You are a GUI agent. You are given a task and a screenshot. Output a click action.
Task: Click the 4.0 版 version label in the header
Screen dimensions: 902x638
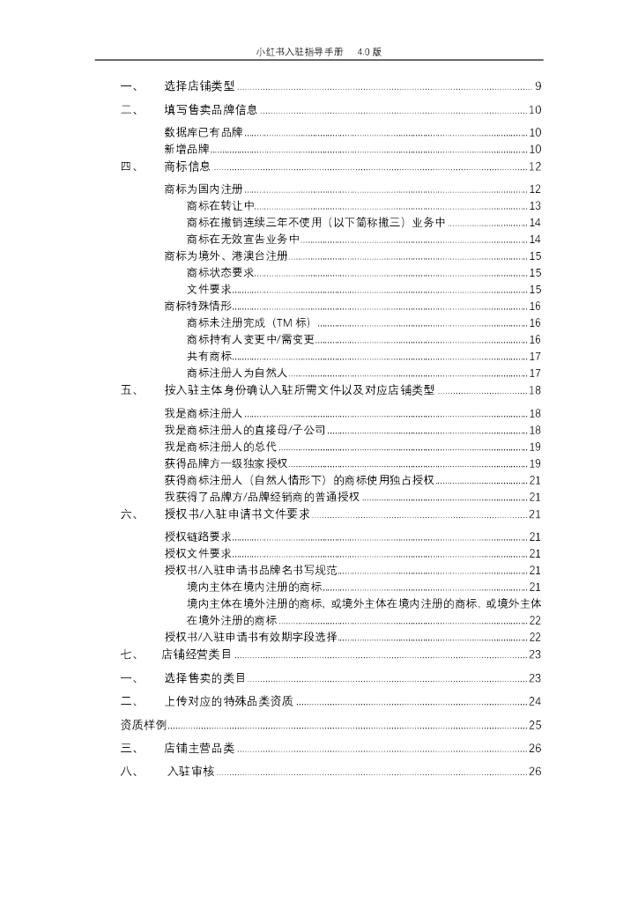pos(369,52)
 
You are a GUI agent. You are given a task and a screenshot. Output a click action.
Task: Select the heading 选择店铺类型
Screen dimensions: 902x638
pos(200,86)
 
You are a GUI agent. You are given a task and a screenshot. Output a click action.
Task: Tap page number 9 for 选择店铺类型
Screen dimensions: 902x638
pos(538,86)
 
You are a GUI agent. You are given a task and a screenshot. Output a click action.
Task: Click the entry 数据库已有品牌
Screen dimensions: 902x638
pos(203,133)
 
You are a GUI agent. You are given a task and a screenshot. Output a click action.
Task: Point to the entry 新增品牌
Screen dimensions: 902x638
pos(187,149)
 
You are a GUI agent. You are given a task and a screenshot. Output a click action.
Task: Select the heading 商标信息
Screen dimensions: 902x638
pos(188,166)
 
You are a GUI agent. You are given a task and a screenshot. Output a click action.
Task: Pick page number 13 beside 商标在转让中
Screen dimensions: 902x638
pos(535,206)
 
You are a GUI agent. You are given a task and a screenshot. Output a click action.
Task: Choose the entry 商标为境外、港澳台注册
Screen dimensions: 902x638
pos(226,256)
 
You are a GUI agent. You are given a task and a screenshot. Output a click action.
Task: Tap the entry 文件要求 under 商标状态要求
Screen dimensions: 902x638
pos(209,290)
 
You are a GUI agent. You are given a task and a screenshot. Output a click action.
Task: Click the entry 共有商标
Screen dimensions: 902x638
pos(209,356)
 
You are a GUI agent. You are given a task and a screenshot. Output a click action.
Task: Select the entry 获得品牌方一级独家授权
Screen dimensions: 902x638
pos(226,463)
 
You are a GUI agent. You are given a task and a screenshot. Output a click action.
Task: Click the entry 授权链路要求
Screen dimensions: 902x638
pos(197,536)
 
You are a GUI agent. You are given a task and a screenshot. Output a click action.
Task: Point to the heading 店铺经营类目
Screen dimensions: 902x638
pos(197,654)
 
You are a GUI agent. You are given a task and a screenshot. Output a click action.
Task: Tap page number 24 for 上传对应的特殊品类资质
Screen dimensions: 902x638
pos(535,701)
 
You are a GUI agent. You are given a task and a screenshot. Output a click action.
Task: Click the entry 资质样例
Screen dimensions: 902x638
pos(143,725)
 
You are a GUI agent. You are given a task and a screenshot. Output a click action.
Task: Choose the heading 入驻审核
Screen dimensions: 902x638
pos(191,772)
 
